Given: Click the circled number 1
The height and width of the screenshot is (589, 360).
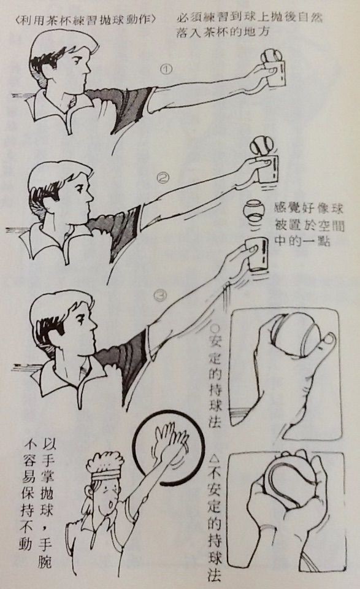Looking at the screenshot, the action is [166, 69].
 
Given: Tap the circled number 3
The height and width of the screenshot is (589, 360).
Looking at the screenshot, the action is [161, 296].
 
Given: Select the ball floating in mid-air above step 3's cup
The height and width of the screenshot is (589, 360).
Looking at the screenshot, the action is [253, 210].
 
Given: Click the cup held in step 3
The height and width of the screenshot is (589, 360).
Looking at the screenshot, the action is [258, 253].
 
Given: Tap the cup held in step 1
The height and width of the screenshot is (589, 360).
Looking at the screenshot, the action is [275, 72].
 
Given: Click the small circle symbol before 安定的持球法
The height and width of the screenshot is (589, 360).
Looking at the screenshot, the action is [215, 328].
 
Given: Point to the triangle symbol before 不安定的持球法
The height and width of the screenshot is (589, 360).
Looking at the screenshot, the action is [215, 458].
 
